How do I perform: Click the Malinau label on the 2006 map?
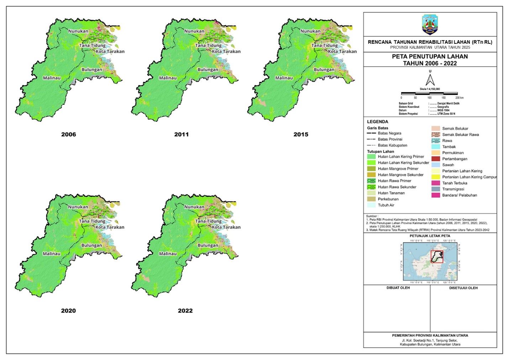(x=52, y=78)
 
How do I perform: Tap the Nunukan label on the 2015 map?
(x=310, y=31)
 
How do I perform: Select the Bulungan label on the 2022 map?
(x=208, y=245)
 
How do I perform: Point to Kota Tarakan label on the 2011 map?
(x=226, y=52)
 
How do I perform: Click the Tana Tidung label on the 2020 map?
(x=92, y=221)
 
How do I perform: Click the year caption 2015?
(x=301, y=135)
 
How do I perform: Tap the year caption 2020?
(x=68, y=311)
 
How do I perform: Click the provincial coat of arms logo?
(x=430, y=24)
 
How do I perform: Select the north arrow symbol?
(x=430, y=79)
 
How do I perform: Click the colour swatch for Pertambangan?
(x=436, y=159)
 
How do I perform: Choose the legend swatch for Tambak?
(x=436, y=147)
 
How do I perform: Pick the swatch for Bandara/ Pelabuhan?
(x=436, y=195)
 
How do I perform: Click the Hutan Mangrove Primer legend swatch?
(x=371, y=169)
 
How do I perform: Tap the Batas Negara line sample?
(x=371, y=133)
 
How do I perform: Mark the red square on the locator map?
(x=437, y=257)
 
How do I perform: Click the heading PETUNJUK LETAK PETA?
(x=430, y=236)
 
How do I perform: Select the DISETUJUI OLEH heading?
(x=463, y=288)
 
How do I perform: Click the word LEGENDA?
(x=377, y=122)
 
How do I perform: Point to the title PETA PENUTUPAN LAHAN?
(x=430, y=57)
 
